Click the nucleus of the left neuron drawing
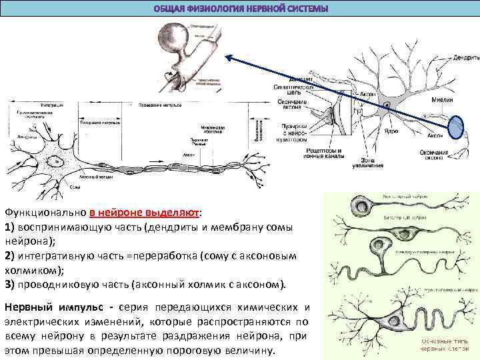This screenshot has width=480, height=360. point(57,160)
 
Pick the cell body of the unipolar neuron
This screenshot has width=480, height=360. point(363,205)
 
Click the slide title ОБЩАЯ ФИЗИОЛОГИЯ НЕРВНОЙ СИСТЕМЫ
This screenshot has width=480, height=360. point(241,9)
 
